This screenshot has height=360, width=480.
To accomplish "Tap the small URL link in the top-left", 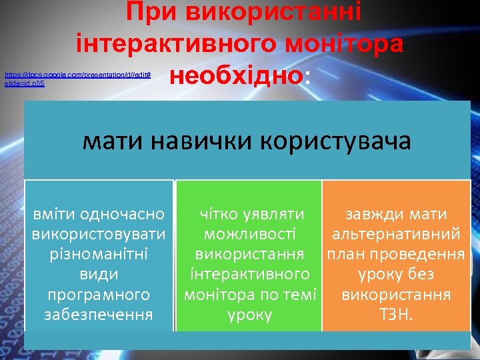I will coord(77,78).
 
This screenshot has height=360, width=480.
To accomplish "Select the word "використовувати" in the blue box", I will coord(99,235).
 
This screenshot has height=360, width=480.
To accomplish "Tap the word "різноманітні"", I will coord(99,255).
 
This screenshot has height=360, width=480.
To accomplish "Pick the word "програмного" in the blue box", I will coord(99,295).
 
